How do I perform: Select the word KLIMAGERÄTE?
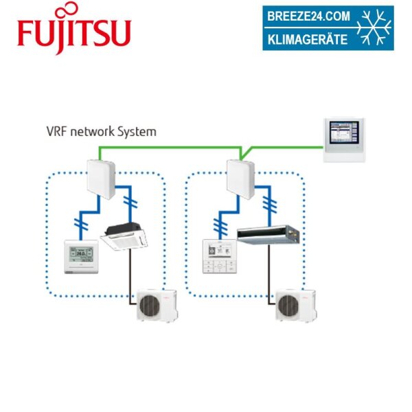[x=308, y=39]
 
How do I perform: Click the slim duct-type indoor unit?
[x=268, y=236]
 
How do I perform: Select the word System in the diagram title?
[x=138, y=131]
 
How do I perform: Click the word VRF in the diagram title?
[x=56, y=131]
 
